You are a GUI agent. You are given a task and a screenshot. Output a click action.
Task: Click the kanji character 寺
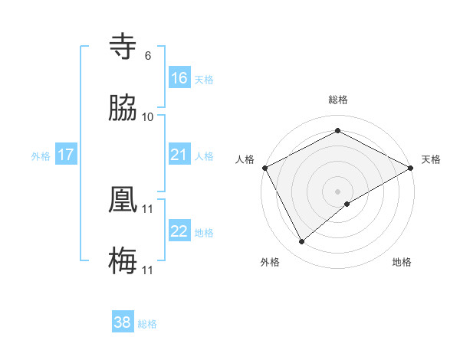click(123, 47)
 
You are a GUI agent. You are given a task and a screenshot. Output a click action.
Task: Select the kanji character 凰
click(123, 200)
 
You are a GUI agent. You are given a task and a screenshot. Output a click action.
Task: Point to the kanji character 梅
click(123, 261)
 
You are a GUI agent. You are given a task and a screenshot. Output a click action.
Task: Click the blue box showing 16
click(179, 77)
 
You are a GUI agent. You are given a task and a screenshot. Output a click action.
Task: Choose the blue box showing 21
click(179, 155)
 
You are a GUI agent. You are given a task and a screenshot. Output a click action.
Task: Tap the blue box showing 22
click(179, 231)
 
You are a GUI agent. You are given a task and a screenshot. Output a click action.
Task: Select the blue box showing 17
click(65, 155)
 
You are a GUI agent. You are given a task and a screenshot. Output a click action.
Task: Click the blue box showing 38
click(123, 322)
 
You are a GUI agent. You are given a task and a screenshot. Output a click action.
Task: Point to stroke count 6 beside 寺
click(147, 55)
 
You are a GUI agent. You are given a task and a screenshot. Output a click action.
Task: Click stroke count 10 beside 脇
click(147, 116)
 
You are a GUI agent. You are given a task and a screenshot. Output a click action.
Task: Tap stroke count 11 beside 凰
click(148, 208)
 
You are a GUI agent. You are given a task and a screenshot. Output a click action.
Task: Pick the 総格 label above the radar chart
click(337, 100)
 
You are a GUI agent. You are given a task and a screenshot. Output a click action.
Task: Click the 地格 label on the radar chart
click(402, 262)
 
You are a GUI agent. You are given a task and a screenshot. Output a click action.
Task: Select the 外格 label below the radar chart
click(270, 262)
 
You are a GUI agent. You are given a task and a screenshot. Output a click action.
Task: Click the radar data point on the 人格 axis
click(264, 168)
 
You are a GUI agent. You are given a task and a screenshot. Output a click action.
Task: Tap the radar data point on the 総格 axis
click(337, 130)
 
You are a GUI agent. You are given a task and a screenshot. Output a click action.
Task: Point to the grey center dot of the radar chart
click(337, 191)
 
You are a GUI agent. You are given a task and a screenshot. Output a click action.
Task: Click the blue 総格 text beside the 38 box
click(147, 324)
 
